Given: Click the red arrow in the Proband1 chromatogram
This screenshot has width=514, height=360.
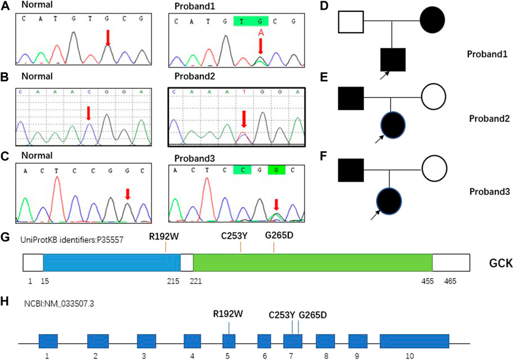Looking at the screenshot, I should click(x=260, y=47).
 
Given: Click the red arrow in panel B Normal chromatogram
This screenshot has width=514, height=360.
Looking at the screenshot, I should click(x=88, y=113).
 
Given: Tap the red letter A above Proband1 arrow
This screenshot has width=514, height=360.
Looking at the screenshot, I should click(x=260, y=33).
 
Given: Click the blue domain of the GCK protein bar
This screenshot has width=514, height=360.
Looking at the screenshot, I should click(x=111, y=263).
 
